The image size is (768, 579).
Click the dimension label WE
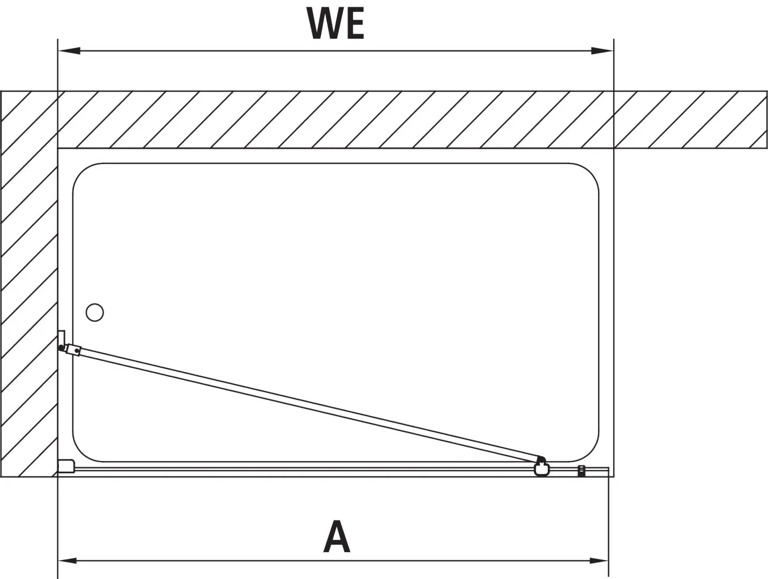[x=335, y=24]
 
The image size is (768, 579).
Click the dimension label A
[x=337, y=536]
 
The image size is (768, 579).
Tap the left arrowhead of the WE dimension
[x=69, y=51]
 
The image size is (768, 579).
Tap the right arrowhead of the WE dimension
[x=601, y=51]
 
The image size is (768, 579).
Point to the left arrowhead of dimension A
[x=68, y=561]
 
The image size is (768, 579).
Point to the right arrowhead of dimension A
[x=598, y=561]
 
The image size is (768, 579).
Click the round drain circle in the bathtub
[x=94, y=312]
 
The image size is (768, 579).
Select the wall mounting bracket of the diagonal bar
[x=62, y=340]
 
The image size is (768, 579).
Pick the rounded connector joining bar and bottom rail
[x=542, y=467]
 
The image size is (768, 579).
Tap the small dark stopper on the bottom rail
[x=580, y=471]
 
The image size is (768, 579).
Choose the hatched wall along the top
[x=375, y=120]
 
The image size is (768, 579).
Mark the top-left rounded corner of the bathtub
[x=83, y=174]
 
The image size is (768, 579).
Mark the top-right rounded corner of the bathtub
[x=587, y=174]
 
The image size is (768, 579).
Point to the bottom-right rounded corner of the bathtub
[x=587, y=450]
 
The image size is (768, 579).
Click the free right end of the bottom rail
[x=607, y=471]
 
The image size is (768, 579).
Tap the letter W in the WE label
[x=323, y=24]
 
